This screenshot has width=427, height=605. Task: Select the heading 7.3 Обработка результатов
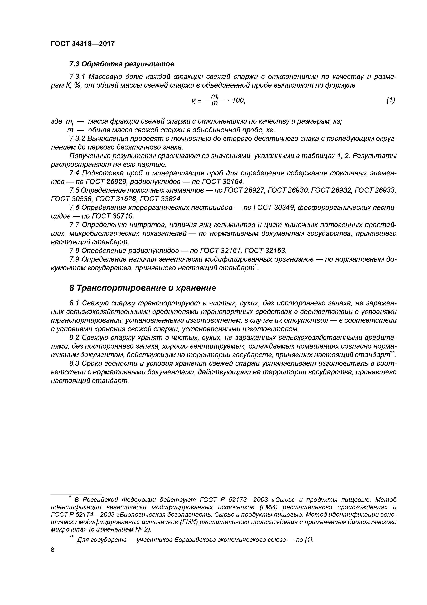122,64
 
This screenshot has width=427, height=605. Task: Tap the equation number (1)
391,100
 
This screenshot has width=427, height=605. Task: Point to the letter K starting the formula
194,101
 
